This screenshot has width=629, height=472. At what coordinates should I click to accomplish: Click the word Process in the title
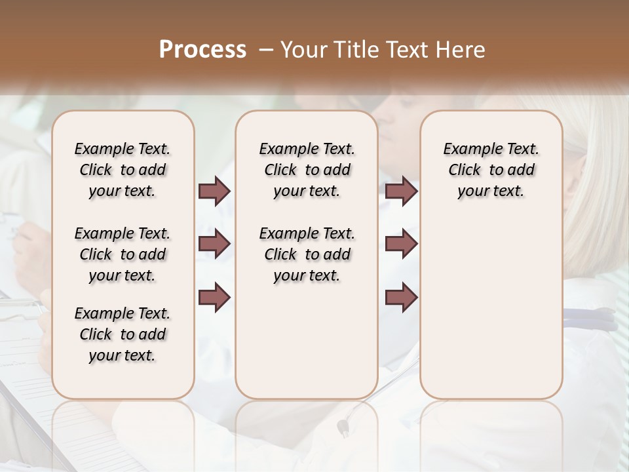[x=202, y=49]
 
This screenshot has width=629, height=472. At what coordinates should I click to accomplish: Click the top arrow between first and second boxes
[x=214, y=191]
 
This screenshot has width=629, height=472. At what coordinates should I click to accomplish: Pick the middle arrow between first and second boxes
[x=214, y=244]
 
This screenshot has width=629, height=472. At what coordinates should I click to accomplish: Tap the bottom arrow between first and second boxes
[x=214, y=298]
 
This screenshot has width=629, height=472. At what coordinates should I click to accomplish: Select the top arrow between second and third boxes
[x=401, y=191]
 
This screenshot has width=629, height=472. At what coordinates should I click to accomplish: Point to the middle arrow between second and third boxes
[x=401, y=244]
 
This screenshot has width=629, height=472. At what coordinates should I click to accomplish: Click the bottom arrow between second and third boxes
[x=401, y=298]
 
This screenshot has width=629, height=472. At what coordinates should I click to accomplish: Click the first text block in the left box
[x=123, y=170]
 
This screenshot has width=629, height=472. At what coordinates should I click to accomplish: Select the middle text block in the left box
[x=123, y=254]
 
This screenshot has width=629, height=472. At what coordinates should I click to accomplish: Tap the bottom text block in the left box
[x=123, y=334]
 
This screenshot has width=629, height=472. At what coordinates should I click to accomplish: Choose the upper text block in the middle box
[x=307, y=170]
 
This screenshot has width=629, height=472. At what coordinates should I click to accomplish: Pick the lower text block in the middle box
[x=307, y=254]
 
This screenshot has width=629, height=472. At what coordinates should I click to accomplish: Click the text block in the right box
[x=491, y=170]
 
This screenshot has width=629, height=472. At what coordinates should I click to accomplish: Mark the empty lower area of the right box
[x=491, y=308]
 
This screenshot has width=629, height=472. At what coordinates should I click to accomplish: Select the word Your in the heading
[x=301, y=49]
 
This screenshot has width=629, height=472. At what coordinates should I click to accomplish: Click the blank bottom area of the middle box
[x=307, y=347]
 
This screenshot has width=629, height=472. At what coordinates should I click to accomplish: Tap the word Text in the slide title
[x=404, y=49]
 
